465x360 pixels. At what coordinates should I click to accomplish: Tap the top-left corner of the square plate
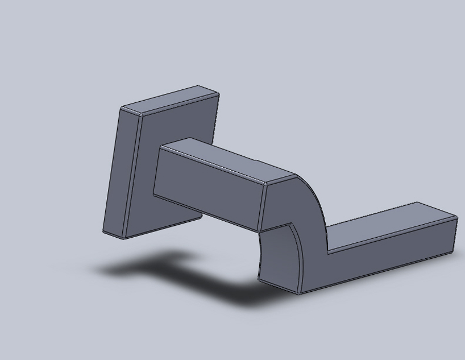[122, 107]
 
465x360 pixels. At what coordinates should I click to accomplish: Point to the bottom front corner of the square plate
[123, 238]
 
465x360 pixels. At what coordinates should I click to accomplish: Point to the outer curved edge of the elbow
[316, 196]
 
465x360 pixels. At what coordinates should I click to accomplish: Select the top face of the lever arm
[392, 225]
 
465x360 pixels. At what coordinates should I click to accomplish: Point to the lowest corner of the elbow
[299, 293]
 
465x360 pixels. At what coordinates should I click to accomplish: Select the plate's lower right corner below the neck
[201, 216]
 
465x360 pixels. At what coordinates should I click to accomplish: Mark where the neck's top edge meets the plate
[161, 147]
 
